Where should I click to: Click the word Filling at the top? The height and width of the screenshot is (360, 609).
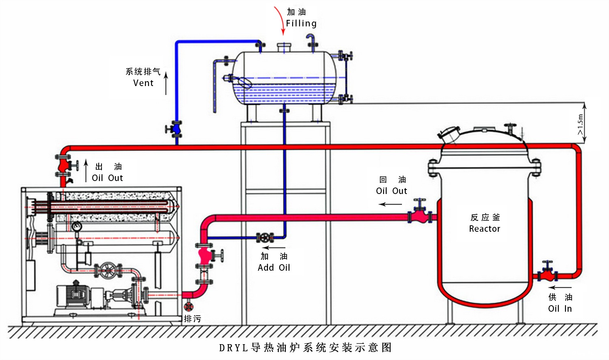(301, 24)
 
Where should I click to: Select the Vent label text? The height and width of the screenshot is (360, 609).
(143, 83)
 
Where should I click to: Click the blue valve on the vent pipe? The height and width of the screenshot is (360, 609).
(176, 129)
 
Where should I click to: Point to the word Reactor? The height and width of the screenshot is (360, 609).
(484, 229)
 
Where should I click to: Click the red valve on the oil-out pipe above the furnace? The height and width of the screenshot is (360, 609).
(63, 165)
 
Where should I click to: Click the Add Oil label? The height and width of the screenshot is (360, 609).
(274, 268)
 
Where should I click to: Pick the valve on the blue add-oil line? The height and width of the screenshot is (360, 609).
(265, 237)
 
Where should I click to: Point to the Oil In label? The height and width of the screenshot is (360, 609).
(560, 309)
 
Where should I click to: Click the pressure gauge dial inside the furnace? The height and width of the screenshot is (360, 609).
(76, 226)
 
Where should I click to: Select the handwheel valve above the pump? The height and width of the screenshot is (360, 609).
(108, 270)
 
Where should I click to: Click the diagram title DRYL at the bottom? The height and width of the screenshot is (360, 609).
(233, 348)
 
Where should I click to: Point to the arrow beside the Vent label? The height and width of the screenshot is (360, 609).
(166, 83)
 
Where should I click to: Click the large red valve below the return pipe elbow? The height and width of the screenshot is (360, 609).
(205, 256)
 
